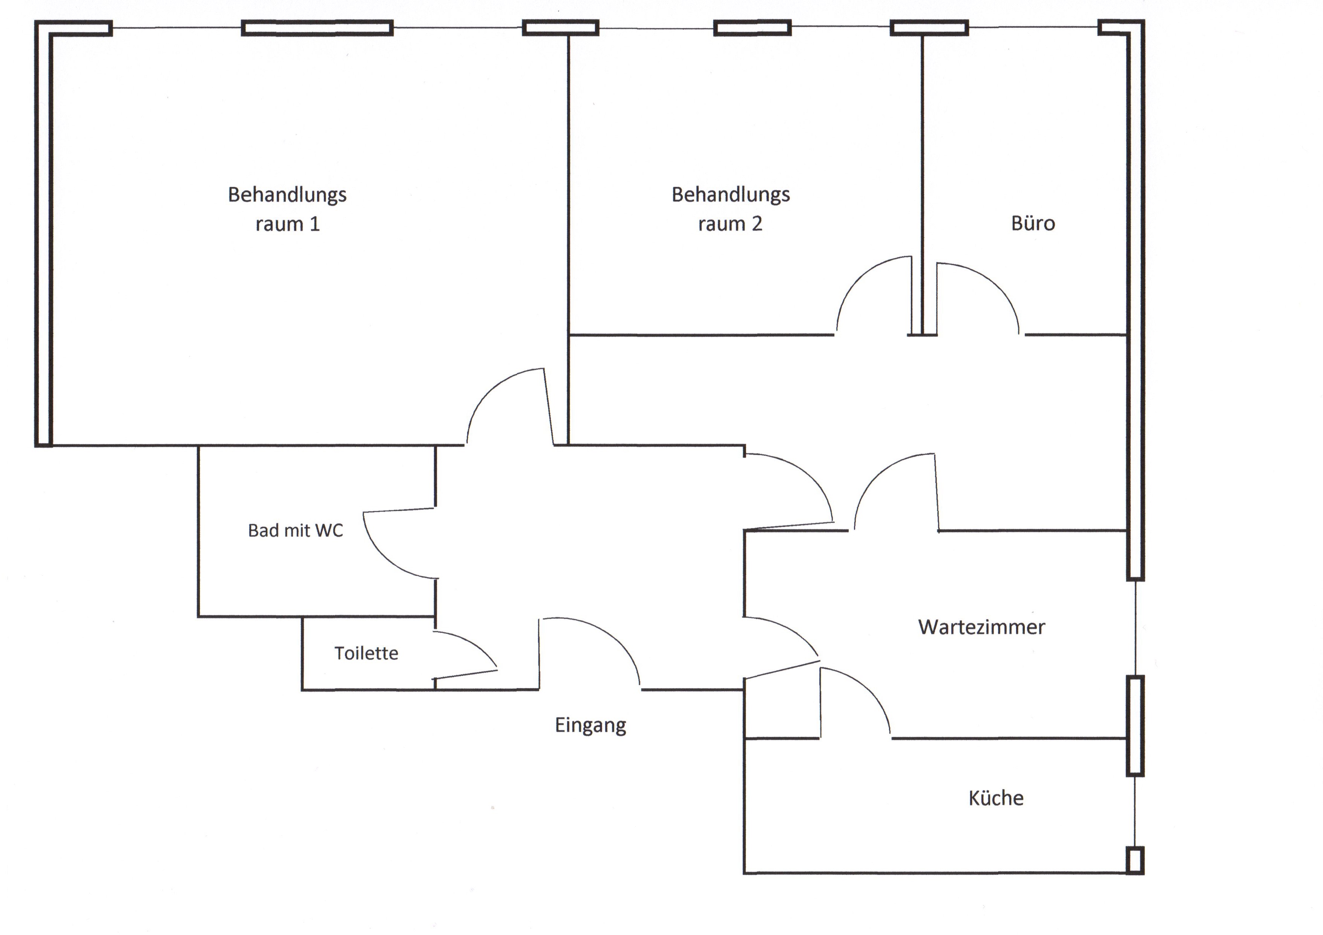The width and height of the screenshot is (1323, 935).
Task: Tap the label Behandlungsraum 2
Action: pos(731,208)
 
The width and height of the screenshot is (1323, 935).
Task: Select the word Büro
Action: pos(1033,223)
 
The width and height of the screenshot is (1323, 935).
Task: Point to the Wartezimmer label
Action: pos(981,627)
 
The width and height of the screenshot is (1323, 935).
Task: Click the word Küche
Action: pos(996,798)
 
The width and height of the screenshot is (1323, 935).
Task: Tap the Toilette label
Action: pos(366,653)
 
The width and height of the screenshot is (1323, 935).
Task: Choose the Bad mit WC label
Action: pos(295,530)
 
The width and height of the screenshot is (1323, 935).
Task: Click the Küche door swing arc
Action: pos(870,691)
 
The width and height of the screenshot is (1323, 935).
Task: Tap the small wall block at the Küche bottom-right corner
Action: pos(1134,860)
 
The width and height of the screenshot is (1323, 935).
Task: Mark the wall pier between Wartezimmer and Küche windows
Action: pos(1134,725)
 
